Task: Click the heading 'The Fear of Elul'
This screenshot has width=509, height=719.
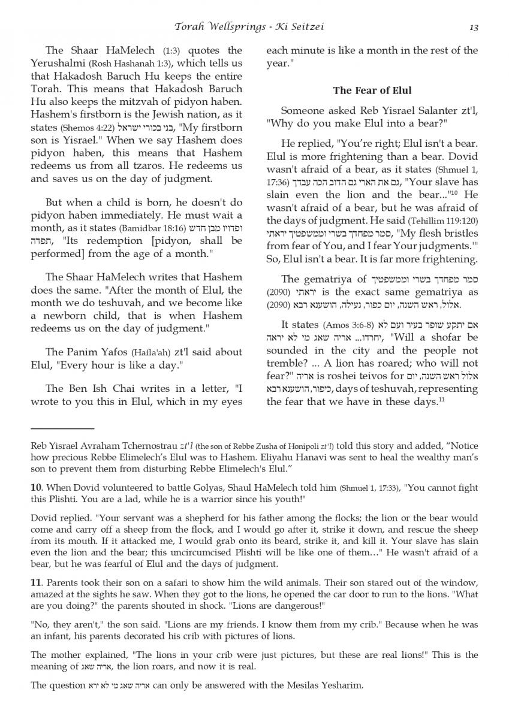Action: pos(372,90)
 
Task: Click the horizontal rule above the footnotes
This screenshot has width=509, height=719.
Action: pos(62,428)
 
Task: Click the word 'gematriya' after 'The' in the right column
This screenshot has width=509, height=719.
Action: pos(329,279)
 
